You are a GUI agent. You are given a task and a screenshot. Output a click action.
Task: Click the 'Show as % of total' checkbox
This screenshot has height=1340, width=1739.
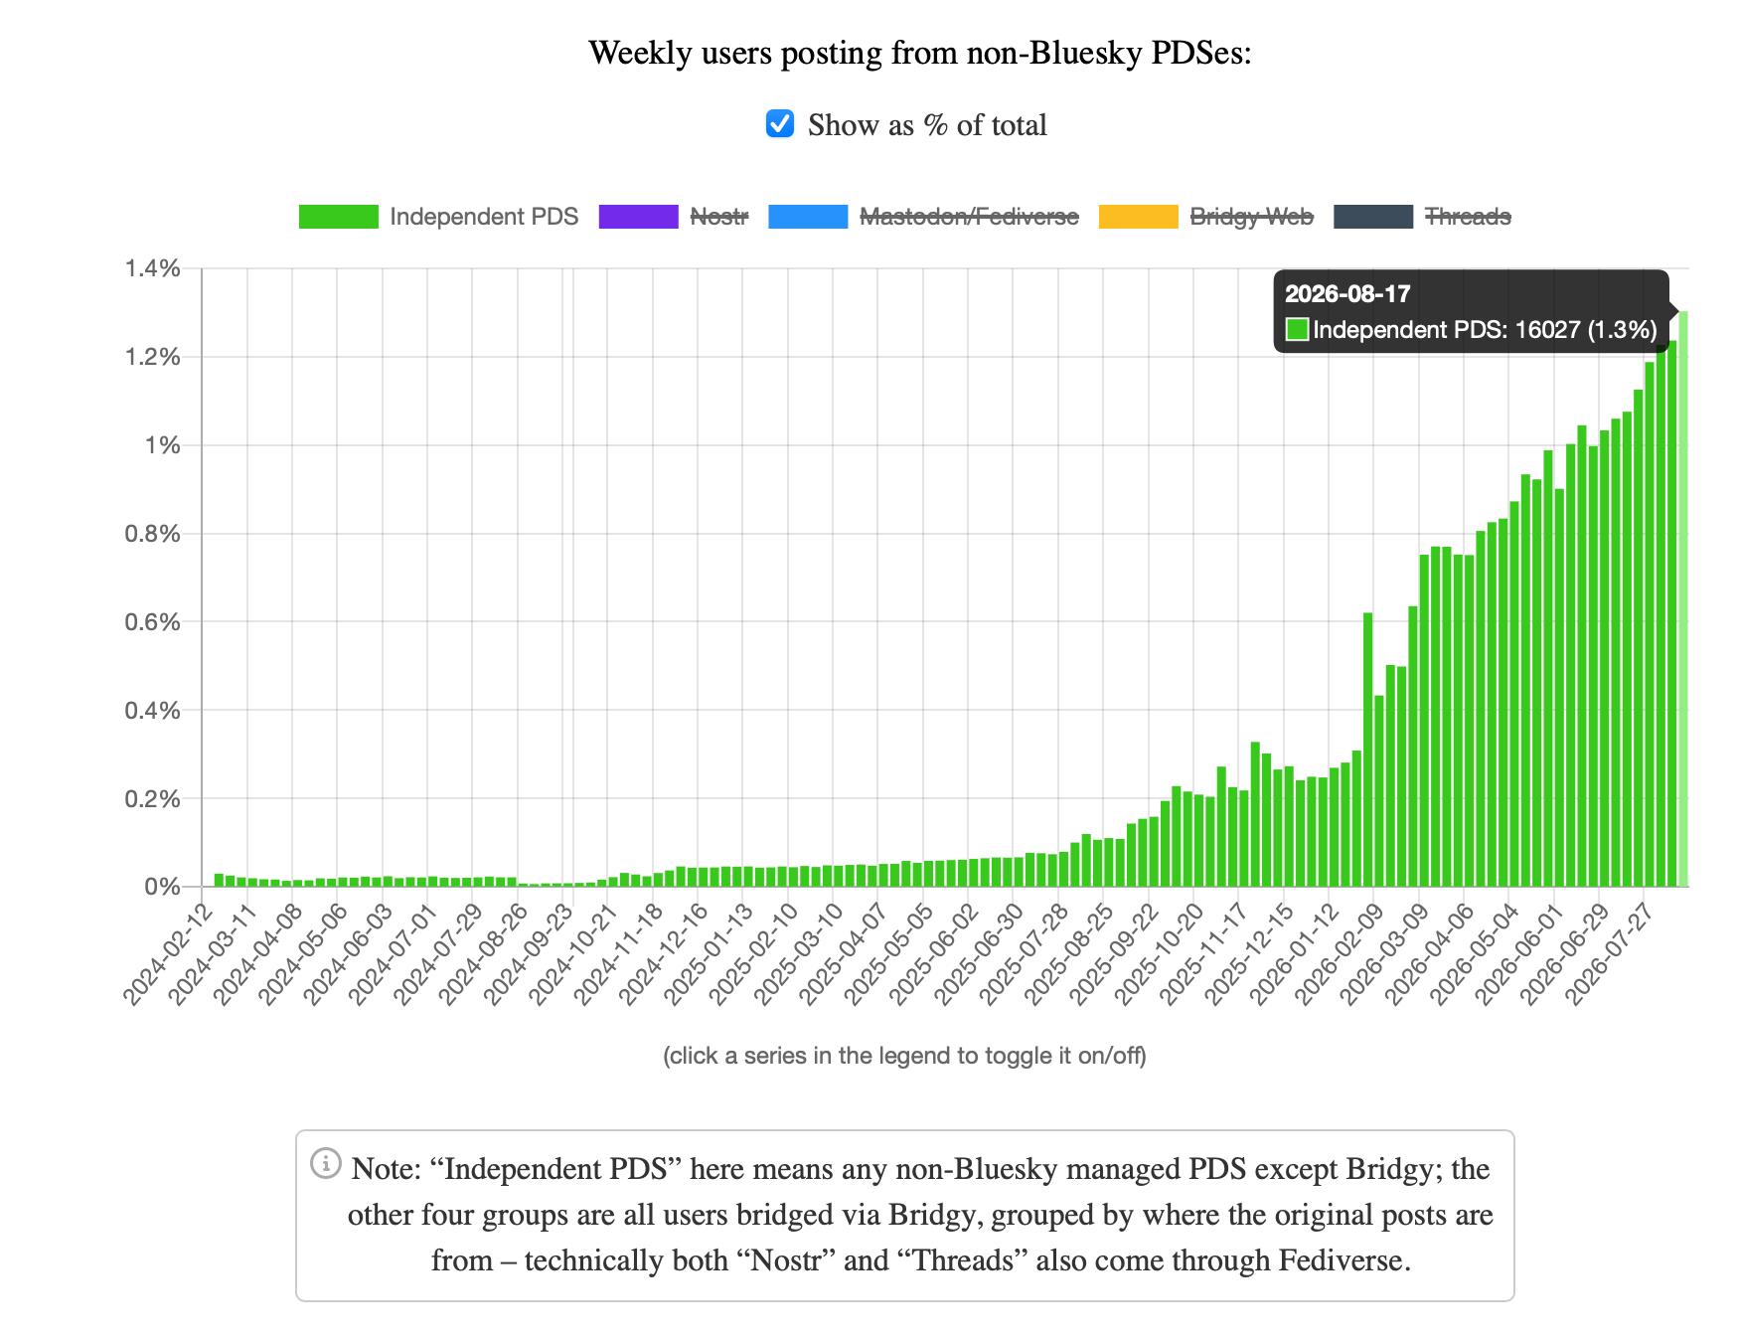pos(780,124)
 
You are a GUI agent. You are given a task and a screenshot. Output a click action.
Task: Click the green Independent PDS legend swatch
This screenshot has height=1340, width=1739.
pos(338,217)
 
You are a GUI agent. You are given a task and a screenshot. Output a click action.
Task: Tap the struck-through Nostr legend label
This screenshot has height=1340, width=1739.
pos(718,217)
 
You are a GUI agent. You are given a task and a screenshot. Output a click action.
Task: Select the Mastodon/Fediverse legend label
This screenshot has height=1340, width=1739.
pos(969,217)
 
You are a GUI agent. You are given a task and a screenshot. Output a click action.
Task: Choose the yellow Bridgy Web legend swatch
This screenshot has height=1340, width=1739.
pos(1138,217)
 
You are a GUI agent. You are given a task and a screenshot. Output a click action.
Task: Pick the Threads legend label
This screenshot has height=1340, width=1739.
pos(1468,217)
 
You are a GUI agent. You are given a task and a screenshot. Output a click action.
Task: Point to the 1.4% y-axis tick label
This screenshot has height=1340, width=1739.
pos(152,268)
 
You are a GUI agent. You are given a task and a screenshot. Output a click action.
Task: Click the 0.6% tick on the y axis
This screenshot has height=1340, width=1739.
pos(152,622)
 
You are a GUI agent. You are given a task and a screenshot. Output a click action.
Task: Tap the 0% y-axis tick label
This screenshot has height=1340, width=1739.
pos(162,887)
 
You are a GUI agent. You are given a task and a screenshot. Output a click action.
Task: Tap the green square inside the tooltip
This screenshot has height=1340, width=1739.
pos(1297,330)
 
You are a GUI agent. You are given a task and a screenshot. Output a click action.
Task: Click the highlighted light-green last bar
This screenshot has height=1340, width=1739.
pos(1683,598)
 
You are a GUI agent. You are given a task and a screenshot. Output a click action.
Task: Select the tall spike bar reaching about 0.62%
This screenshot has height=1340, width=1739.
pos(1368,750)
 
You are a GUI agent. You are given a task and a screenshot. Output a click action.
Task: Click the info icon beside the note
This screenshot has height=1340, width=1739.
pos(326,1162)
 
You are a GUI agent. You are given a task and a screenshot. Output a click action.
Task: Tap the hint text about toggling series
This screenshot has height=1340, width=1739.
pos(904,1056)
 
